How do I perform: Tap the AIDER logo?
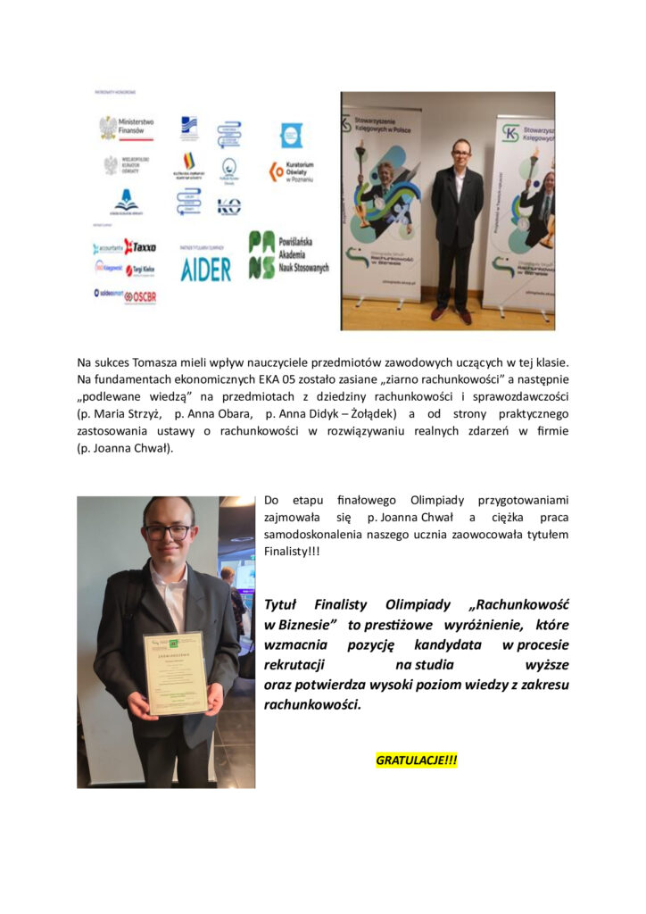[205, 269]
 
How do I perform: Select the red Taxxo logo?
[139, 246]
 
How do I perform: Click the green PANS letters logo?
[261, 255]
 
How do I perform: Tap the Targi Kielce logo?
[140, 270]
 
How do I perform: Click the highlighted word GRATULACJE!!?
[416, 760]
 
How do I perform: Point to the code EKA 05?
[269, 379]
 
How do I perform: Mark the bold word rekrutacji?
[294, 665]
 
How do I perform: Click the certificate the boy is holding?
[175, 673]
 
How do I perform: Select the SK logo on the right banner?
[510, 134]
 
